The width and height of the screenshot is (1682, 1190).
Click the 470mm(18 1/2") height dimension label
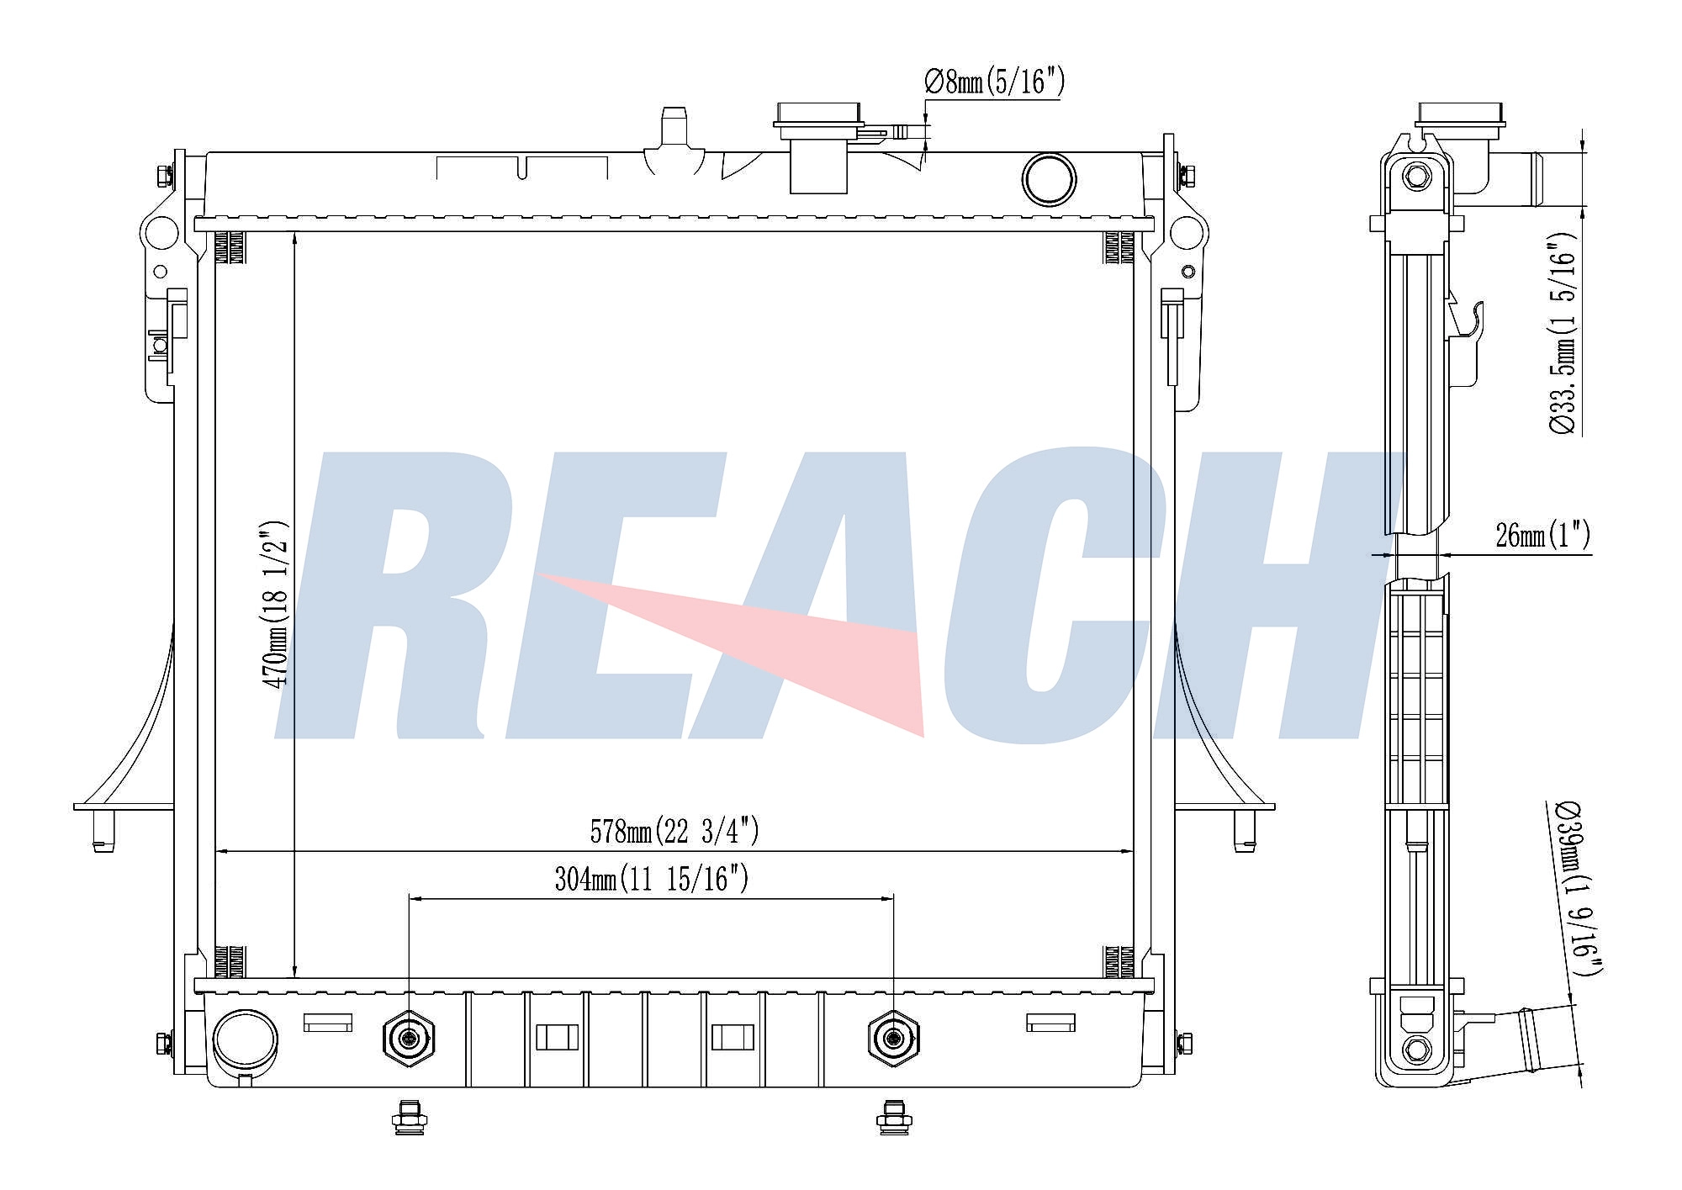click(277, 604)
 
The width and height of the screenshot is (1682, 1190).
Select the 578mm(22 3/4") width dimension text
click(674, 832)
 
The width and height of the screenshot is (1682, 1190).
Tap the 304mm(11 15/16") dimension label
click(652, 879)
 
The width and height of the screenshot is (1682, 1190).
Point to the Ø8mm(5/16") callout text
click(995, 82)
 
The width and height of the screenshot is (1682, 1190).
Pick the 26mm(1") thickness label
click(1543, 535)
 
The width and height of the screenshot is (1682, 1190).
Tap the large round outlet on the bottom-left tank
click(245, 1039)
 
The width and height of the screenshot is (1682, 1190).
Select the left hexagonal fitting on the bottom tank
click(409, 1039)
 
